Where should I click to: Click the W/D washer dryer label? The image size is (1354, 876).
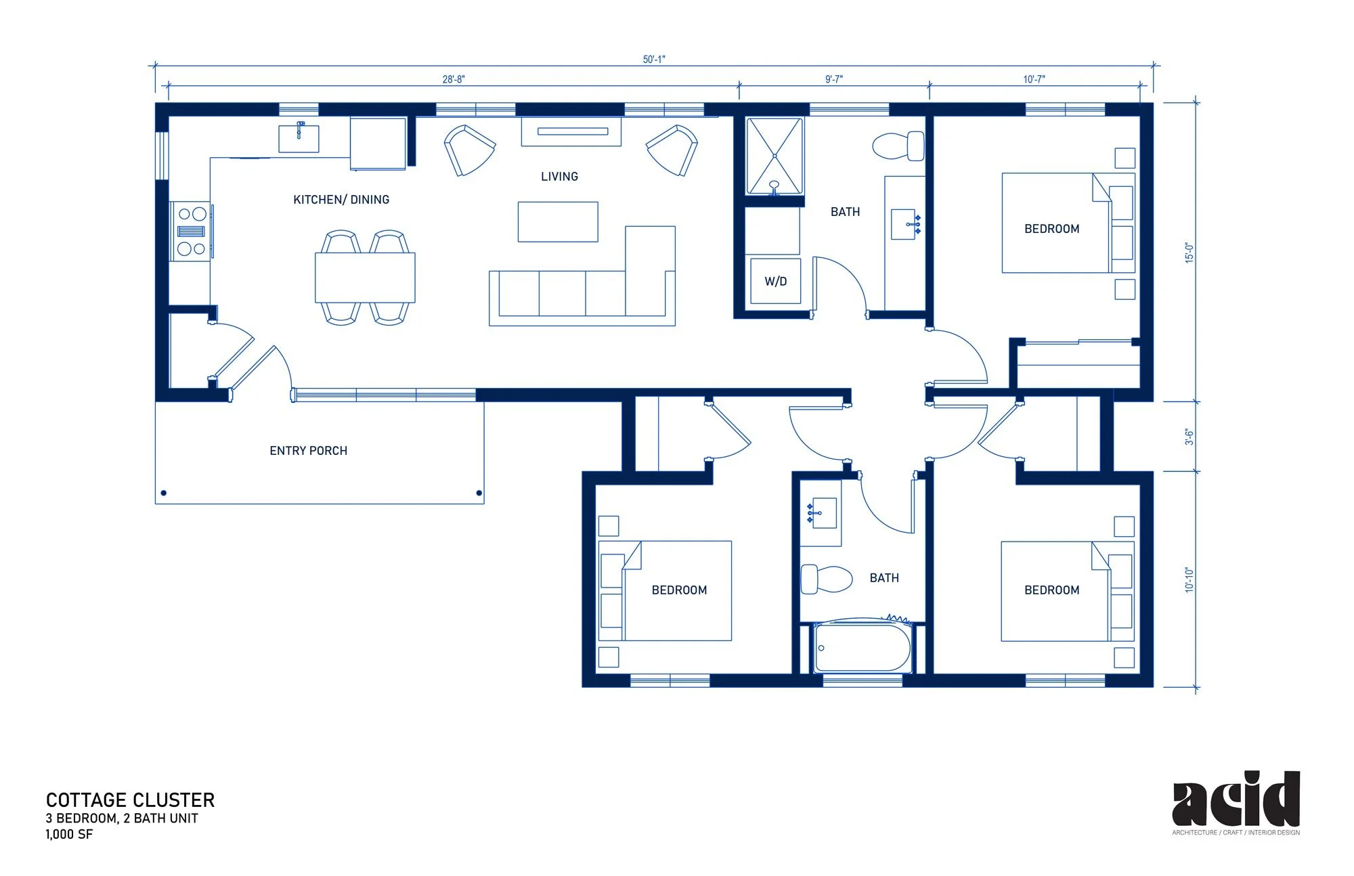(x=776, y=282)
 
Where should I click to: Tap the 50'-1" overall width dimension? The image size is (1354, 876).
(x=654, y=60)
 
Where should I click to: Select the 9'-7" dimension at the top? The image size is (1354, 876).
(x=834, y=79)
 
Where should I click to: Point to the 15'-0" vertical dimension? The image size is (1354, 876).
(x=1189, y=253)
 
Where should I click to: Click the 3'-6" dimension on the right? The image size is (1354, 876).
(x=1189, y=437)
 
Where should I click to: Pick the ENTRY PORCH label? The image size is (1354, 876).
(x=309, y=451)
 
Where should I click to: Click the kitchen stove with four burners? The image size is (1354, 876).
(x=192, y=231)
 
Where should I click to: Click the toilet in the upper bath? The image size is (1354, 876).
(x=898, y=146)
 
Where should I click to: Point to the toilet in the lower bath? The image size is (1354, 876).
(x=826, y=579)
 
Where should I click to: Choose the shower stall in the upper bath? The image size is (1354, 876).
(x=774, y=156)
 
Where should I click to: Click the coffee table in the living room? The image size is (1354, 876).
(x=558, y=221)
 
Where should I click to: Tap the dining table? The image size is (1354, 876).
(x=365, y=278)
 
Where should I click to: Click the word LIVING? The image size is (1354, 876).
(x=559, y=177)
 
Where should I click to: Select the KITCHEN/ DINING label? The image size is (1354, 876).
(x=341, y=200)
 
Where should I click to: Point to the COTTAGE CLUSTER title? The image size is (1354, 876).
(x=130, y=800)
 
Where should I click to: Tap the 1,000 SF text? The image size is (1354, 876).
(x=69, y=835)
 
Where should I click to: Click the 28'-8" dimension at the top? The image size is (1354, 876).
(x=454, y=79)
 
